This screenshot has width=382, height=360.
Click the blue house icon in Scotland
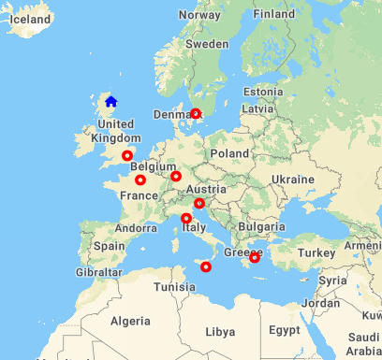[110, 101]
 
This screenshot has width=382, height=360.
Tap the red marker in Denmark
[196, 114]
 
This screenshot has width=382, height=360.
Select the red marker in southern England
[127, 156]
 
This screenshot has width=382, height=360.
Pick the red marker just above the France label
[140, 180]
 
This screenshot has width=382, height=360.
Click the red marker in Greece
[255, 258]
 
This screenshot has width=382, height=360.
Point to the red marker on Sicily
[206, 267]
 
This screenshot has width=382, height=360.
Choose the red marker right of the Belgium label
[176, 176]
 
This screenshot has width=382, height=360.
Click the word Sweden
[207, 43]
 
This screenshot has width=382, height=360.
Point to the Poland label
[230, 153]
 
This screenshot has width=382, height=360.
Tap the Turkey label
[316, 253]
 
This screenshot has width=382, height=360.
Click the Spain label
[110, 246]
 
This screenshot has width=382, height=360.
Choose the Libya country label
[220, 331]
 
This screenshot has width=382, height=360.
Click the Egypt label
[284, 329]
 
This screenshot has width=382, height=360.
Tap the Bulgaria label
[254, 225]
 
